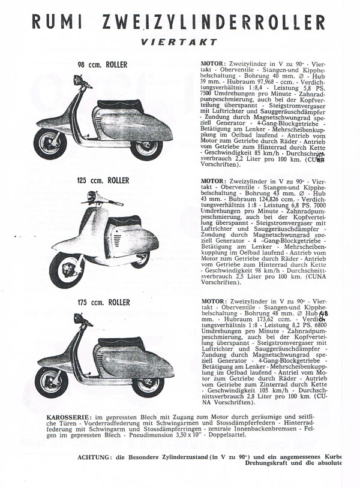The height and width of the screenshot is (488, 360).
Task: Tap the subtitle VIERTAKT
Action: tap(179, 43)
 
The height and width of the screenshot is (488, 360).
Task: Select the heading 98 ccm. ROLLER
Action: tap(103, 65)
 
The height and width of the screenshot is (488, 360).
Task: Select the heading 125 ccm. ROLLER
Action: tap(102, 179)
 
